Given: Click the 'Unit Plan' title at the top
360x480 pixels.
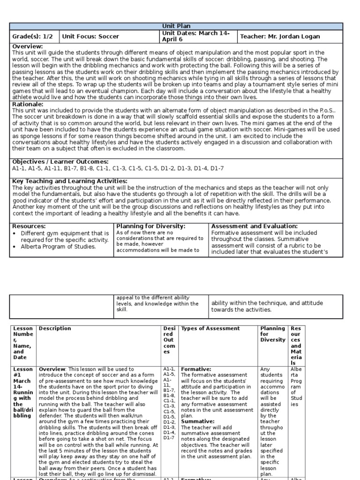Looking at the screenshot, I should pyautogui.click(x=176, y=26).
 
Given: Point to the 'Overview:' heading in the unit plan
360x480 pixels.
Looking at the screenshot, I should pyautogui.click(x=27, y=46).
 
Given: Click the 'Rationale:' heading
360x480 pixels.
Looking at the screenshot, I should pyautogui.click(x=28, y=104).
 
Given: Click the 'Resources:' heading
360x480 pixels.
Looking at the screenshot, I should pyautogui.click(x=29, y=226).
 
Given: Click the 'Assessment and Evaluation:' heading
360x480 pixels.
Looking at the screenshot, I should pyautogui.click(x=254, y=226).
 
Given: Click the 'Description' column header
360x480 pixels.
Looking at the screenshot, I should pyautogui.click(x=55, y=329).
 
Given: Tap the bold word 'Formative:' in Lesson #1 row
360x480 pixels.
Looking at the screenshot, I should pyautogui.click(x=196, y=369).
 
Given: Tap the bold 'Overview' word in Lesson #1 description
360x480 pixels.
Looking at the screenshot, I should pyautogui.click(x=53, y=369).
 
